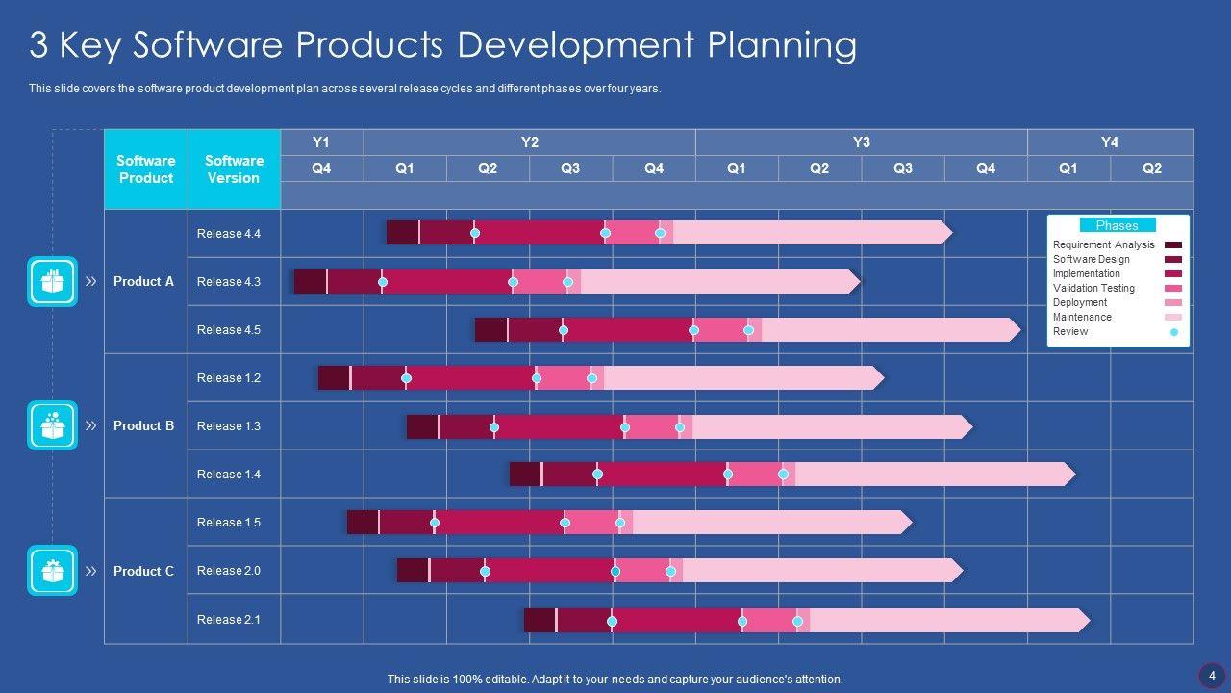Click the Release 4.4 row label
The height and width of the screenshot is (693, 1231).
(x=229, y=234)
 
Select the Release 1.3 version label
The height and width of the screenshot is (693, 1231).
(x=229, y=426)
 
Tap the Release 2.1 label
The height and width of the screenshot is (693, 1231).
(x=229, y=620)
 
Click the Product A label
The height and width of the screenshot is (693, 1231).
(x=143, y=282)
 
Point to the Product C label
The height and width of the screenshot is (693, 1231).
(x=143, y=571)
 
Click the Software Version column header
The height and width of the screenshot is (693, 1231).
(x=234, y=169)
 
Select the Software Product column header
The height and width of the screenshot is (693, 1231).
(x=145, y=169)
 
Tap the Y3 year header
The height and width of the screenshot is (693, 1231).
(x=861, y=142)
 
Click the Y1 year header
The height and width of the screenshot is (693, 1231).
(x=321, y=142)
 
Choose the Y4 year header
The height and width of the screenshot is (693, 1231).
(x=1110, y=142)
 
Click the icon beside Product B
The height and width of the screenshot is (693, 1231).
(x=52, y=425)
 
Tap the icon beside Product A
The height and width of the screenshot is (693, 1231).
(x=52, y=281)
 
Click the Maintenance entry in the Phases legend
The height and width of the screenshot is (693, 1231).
(x=1082, y=317)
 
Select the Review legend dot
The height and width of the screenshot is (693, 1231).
(x=1173, y=332)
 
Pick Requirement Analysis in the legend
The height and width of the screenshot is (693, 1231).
(x=1103, y=244)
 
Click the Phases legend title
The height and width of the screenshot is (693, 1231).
(x=1117, y=225)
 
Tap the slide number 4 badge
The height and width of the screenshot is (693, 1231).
(x=1212, y=675)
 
